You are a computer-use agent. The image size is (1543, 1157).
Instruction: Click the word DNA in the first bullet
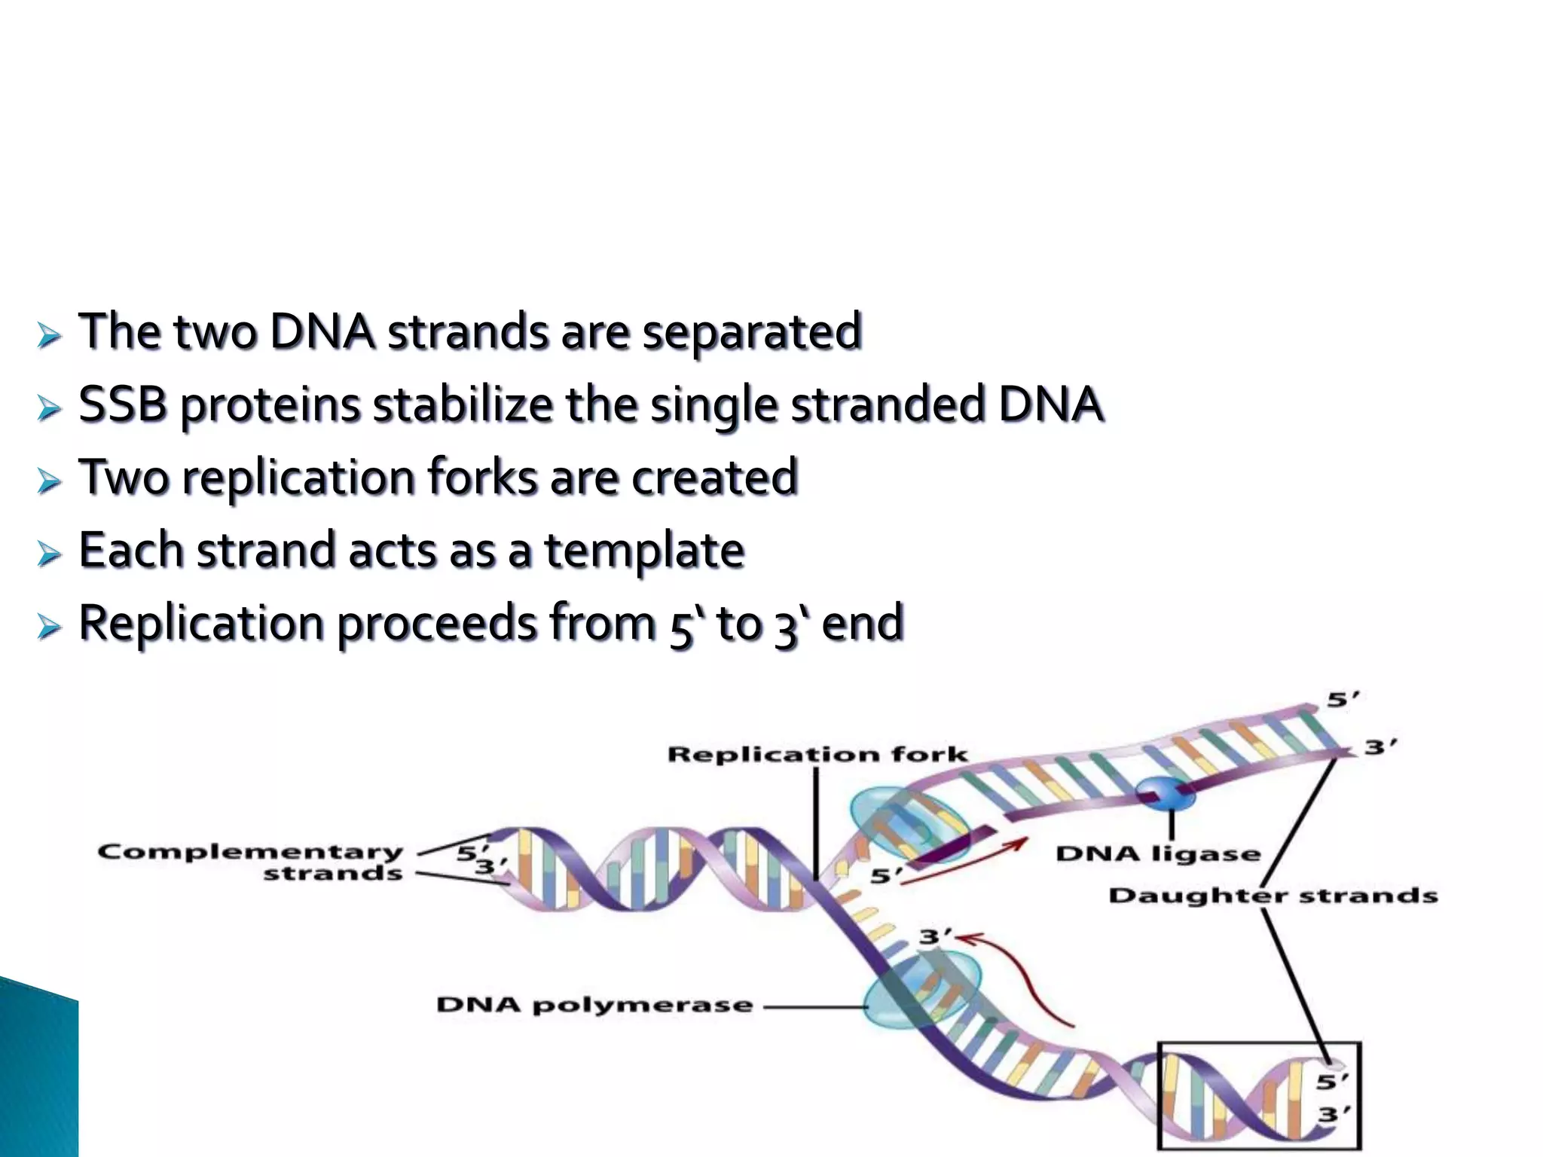pos(322,331)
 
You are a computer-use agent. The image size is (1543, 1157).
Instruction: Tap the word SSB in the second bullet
pos(122,404)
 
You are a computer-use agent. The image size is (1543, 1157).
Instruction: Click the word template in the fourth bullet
pos(644,551)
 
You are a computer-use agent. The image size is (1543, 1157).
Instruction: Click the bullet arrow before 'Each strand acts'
pos(49,555)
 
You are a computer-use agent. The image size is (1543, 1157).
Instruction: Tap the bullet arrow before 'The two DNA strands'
pos(49,336)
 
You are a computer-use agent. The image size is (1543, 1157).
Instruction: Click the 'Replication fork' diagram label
pos(817,754)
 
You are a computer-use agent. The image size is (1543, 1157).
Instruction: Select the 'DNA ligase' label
pos(1157,854)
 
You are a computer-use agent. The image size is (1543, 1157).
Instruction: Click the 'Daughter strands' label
pos(1273,896)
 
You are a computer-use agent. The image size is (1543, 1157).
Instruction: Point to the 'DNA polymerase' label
pos(594,1005)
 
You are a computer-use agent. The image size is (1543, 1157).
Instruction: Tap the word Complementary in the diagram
pos(250,852)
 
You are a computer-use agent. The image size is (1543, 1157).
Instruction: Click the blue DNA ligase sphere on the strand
pos(1165,793)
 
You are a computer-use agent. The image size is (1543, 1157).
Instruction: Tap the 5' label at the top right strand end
pos(1342,700)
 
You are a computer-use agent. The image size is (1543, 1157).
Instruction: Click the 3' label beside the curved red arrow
pos(934,937)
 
